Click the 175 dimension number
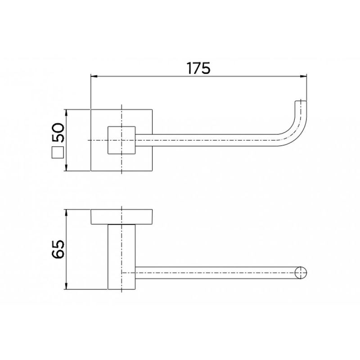[198, 68]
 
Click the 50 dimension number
[58, 132]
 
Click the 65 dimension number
[58, 249]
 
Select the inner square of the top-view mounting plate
[121, 140]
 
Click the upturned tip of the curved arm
[301, 103]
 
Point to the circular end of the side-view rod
[301, 273]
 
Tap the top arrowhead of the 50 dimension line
[66, 113]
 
